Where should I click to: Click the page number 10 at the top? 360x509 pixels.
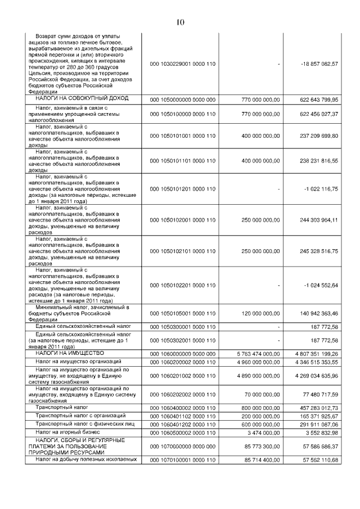[x=180, y=22]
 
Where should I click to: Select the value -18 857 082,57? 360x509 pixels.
[x=317, y=64]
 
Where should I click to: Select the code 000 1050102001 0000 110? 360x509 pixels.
[x=183, y=220]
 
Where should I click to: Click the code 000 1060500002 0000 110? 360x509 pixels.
[x=183, y=432]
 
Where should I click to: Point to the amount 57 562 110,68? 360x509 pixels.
[x=317, y=460]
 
